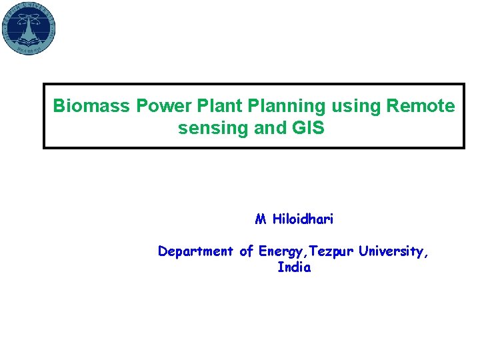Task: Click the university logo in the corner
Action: [x=29, y=28]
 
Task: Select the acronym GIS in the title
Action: [x=309, y=128]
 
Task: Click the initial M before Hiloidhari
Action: [x=261, y=219]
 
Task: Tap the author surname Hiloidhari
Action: [x=303, y=219]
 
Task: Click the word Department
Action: [x=196, y=252]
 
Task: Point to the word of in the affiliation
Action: [x=246, y=251]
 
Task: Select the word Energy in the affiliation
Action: [x=279, y=252]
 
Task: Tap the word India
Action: [x=294, y=268]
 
